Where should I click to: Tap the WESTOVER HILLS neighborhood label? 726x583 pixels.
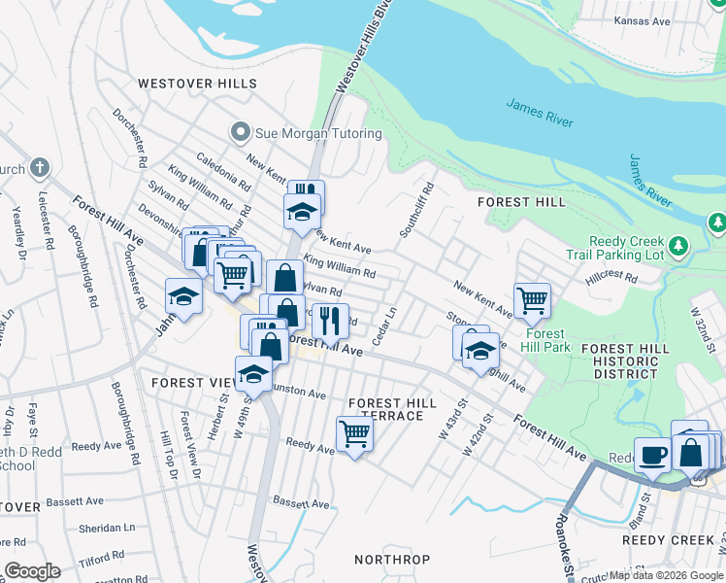(x=197, y=84)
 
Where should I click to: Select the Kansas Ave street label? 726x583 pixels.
(x=643, y=20)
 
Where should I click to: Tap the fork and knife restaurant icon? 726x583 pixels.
(x=330, y=319)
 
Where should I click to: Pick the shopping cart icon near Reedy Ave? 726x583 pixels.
(x=354, y=433)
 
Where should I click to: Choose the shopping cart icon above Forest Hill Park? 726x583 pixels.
(x=532, y=300)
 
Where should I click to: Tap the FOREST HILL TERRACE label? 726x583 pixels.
(x=386, y=409)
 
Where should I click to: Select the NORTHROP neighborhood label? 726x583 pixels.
(x=391, y=560)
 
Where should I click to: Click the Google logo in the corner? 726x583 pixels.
(x=31, y=571)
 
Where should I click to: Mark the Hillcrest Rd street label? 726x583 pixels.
(x=610, y=277)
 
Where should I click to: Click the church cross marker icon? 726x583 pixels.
(x=40, y=167)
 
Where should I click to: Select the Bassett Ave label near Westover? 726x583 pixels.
(x=301, y=502)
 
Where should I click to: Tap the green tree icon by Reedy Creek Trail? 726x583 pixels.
(x=717, y=223)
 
